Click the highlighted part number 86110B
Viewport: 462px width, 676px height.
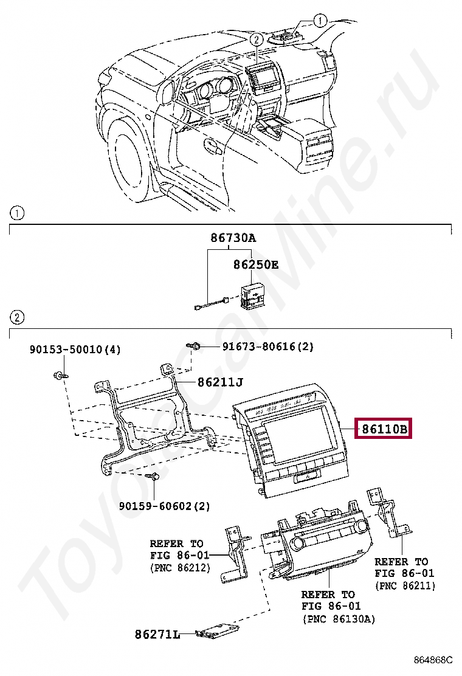[x=384, y=429]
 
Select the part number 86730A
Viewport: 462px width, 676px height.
[x=233, y=238]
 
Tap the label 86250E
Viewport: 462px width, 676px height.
[x=256, y=265]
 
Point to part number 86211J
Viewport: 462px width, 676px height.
[x=220, y=382]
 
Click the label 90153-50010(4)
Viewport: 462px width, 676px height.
[x=75, y=350]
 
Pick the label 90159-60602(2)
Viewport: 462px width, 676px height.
[x=164, y=505]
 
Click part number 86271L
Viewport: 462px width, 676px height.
[x=157, y=635]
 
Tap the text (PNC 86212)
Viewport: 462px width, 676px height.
[x=180, y=567]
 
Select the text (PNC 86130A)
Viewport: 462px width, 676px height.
[x=339, y=619]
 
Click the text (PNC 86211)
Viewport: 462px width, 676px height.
[x=405, y=585]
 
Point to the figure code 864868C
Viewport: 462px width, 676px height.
[x=433, y=660]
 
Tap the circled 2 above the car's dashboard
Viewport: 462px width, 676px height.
[x=257, y=40]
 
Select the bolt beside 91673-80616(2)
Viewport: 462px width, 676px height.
[x=196, y=347]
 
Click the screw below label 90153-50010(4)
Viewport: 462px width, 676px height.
[x=60, y=375]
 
